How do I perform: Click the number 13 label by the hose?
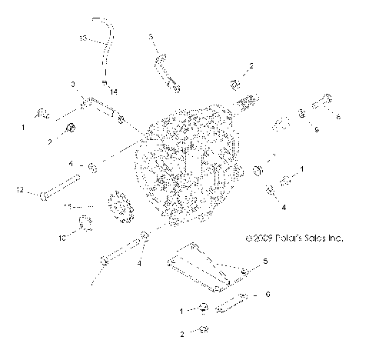click(83, 37)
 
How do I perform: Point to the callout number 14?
click(113, 92)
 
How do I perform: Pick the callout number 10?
click(63, 238)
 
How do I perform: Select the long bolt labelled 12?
click(59, 188)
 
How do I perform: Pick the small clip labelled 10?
click(85, 224)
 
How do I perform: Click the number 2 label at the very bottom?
click(181, 335)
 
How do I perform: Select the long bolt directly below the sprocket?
click(119, 252)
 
